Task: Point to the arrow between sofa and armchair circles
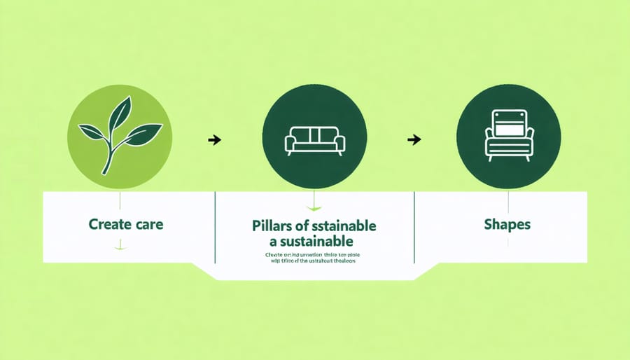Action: point(414,139)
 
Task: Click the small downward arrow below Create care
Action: point(120,246)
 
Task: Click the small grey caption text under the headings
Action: point(314,258)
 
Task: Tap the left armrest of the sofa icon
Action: point(290,144)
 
